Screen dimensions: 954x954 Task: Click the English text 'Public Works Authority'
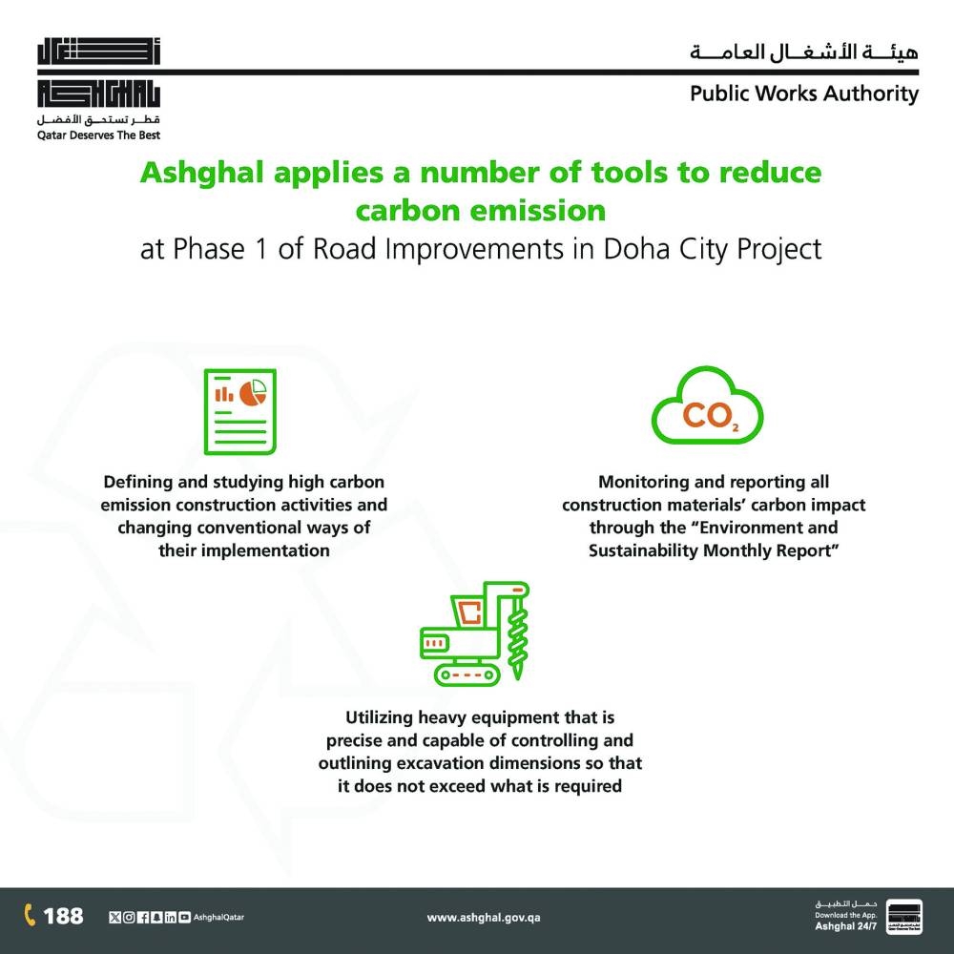[804, 93]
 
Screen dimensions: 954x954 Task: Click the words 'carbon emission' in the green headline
[481, 209]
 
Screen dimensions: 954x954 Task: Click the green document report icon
[240, 411]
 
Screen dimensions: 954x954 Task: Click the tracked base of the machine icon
[467, 673]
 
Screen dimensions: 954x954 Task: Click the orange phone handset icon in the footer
[30, 916]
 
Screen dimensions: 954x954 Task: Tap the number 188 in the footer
[64, 916]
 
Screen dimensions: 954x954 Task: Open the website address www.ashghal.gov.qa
[484, 918]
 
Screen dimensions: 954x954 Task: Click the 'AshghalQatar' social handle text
[218, 918]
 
